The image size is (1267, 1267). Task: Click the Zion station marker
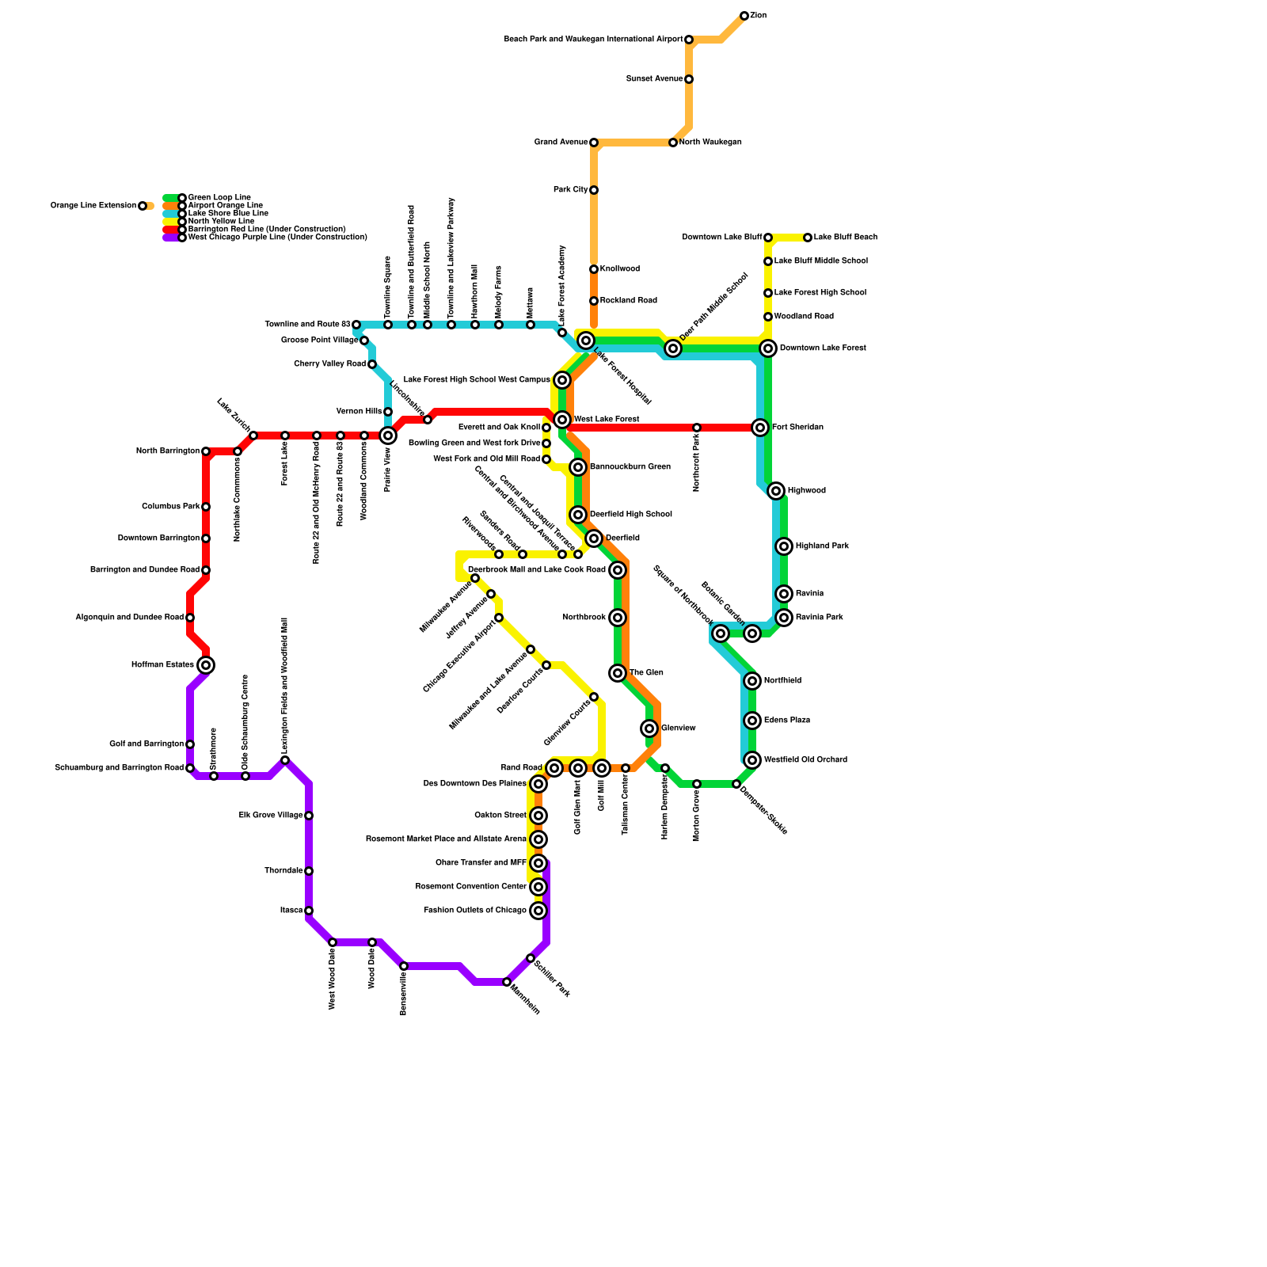pos(744,16)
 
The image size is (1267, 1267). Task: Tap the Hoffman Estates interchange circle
pos(206,665)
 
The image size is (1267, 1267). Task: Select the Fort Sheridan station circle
pos(760,428)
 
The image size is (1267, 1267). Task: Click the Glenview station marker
pos(649,729)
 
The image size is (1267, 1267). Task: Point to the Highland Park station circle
pos(784,546)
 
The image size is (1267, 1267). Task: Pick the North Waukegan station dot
pos(673,143)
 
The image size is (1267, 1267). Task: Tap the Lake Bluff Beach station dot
pos(808,238)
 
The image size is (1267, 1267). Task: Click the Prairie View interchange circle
pos(388,436)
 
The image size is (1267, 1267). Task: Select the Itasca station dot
pos(309,911)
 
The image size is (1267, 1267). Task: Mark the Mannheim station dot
pos(507,982)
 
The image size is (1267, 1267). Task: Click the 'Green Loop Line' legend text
pos(219,198)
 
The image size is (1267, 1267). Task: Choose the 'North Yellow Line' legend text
pos(221,222)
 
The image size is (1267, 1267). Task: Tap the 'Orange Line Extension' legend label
pos(93,206)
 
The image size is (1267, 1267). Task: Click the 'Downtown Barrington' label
pos(158,538)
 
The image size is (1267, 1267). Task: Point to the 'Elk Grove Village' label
pos(271,816)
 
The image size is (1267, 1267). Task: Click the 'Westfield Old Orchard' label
pos(805,760)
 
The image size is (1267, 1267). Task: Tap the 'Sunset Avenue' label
pos(655,79)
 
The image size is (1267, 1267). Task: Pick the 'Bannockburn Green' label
pos(630,467)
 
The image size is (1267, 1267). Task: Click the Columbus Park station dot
pos(206,507)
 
